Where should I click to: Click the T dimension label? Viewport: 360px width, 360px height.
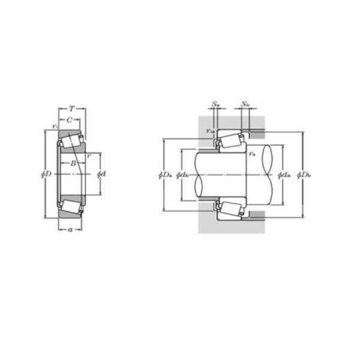pos(72,109)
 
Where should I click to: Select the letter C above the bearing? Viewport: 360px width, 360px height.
pos(70,120)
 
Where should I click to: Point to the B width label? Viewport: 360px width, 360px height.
pos(72,163)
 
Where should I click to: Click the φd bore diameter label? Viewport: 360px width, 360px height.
pos(101,174)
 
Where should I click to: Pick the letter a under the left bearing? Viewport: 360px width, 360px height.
pos(70,229)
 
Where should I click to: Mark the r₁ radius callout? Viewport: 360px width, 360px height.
pos(55,127)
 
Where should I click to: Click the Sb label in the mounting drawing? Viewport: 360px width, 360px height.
pos(245,104)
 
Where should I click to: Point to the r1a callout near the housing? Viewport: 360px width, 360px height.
pos(209,131)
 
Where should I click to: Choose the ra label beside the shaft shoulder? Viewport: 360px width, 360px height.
pos(250,155)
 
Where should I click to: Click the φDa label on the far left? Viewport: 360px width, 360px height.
pos(165,175)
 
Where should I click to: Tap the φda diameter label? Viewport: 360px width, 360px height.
pos(284,175)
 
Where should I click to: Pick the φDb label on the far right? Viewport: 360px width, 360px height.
pos(305,175)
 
